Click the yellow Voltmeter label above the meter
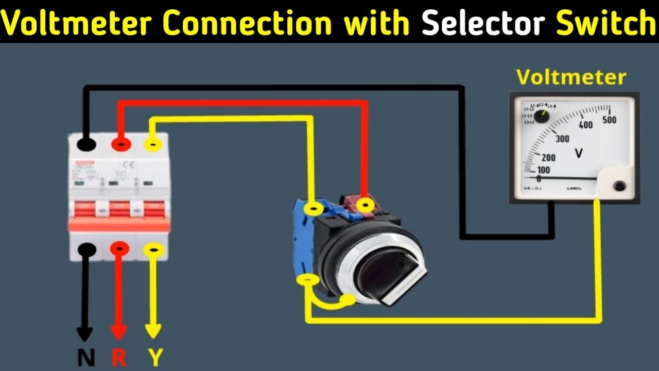pyautogui.click(x=571, y=77)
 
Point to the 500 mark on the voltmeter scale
pyautogui.click(x=609, y=121)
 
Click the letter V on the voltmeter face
pyautogui.click(x=578, y=153)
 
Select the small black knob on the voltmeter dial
pyautogui.click(x=541, y=116)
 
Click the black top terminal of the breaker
pyautogui.click(x=86, y=144)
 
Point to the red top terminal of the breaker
pyautogui.click(x=120, y=145)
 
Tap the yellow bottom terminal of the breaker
pyautogui.click(x=153, y=250)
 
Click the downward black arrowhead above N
pyautogui.click(x=85, y=333)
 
